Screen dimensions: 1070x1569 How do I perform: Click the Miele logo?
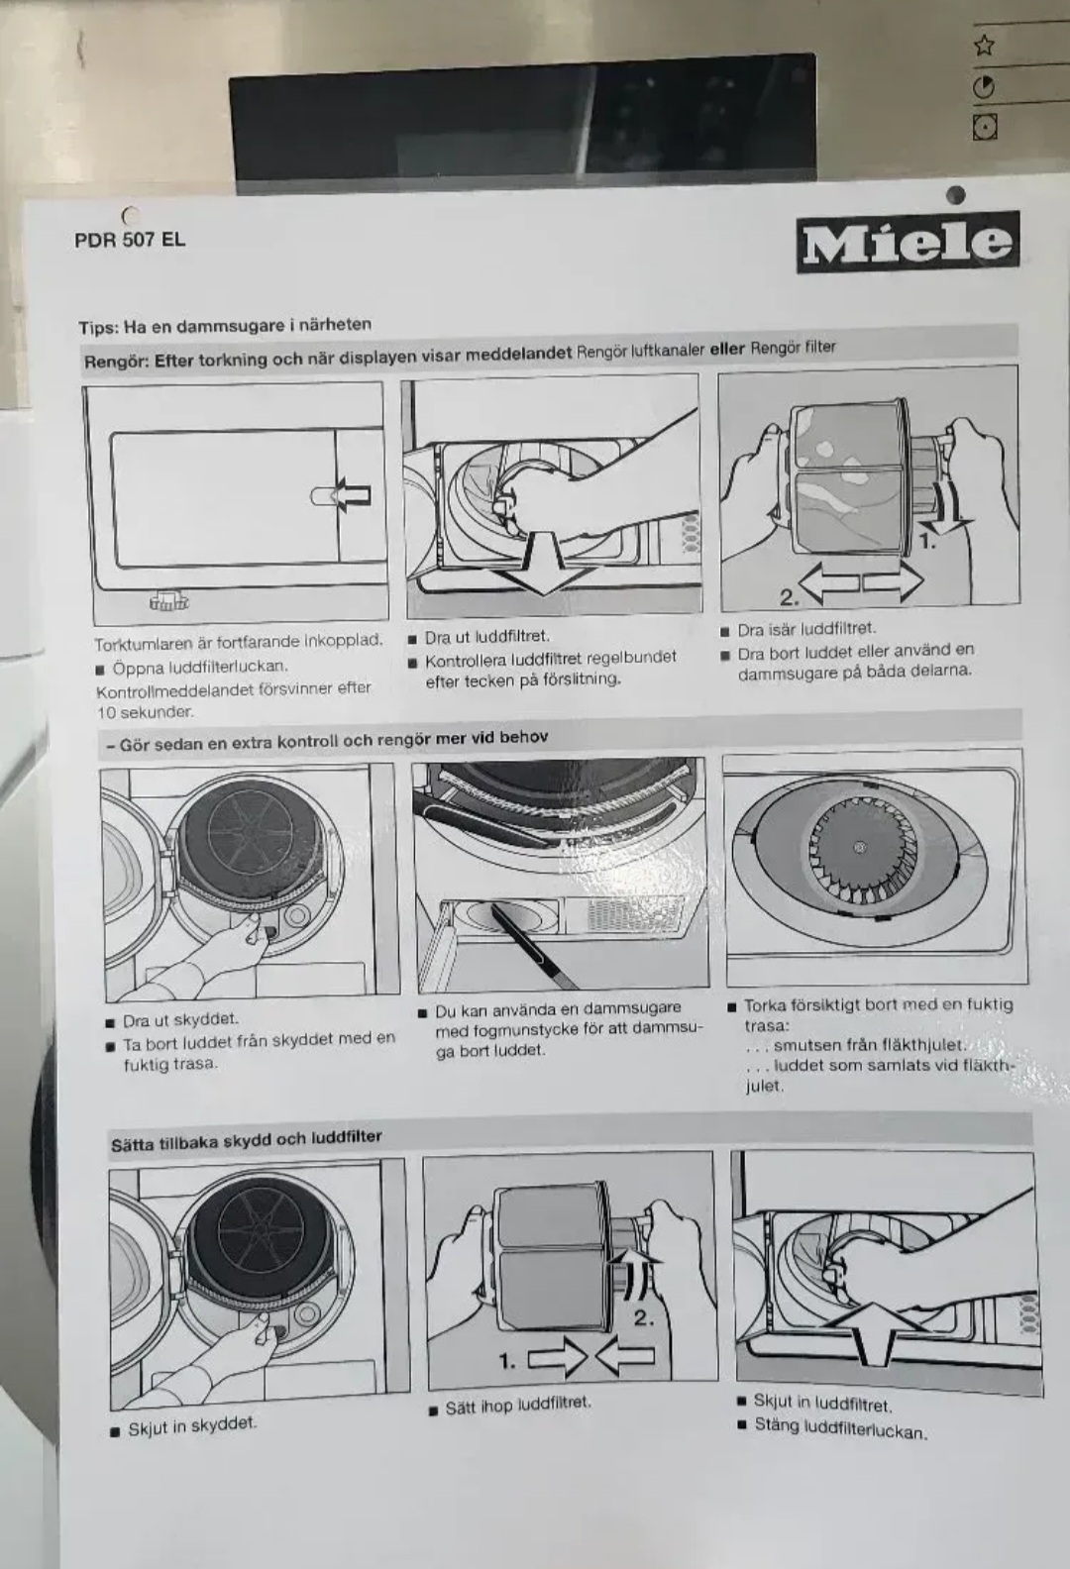coord(909,243)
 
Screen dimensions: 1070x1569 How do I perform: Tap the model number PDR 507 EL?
coord(130,240)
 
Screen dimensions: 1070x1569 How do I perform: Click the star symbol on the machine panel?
coord(985,47)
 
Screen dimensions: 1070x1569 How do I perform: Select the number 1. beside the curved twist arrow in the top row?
coord(927,542)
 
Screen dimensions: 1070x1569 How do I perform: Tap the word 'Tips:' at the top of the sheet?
coord(99,328)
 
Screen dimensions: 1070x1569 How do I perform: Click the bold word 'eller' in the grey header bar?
coord(726,351)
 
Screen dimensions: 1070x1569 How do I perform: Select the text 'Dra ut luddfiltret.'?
coord(487,637)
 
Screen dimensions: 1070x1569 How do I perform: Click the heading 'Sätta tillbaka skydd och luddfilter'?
coord(247,1140)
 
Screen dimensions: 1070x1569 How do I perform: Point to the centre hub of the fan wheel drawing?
coord(860,848)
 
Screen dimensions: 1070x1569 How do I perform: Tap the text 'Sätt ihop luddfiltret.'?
coord(518,1403)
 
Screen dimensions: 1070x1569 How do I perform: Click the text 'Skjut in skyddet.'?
coord(192,1422)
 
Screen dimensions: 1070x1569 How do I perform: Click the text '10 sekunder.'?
coord(145,712)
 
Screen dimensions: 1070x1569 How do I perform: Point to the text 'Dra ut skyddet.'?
coord(180,1020)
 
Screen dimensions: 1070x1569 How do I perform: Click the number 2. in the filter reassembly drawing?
coord(643,1317)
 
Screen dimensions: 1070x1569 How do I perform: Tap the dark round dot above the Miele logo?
coord(955,195)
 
